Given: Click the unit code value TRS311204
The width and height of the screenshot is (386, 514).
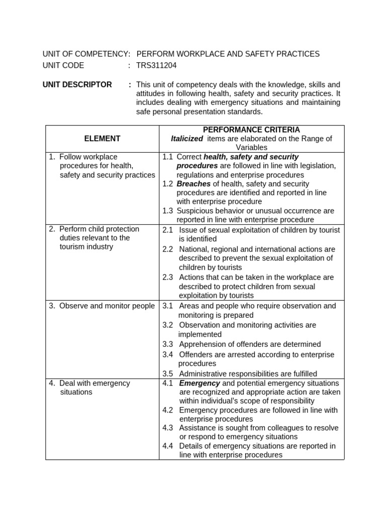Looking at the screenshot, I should coord(156,65).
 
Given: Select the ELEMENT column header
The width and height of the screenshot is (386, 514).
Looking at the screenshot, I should coord(102,139).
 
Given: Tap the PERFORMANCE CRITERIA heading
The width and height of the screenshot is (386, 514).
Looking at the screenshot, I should coord(252,130).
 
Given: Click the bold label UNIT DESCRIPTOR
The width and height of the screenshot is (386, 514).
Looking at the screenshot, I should coord(77,84).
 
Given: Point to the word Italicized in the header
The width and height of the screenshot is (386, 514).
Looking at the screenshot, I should coord(186,139).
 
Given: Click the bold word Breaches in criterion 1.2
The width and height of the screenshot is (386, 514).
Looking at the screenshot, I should coord(194,184).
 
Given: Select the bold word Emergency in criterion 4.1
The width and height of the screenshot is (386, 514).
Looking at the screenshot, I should coord(200,383).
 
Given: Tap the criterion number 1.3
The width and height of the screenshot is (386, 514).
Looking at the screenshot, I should coord(167,211).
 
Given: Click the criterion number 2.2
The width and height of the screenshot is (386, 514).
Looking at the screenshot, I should coord(167,249).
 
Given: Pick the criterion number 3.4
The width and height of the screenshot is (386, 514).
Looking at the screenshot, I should coord(167,354).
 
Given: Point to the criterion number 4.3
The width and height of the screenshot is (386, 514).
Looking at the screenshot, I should coord(167,428).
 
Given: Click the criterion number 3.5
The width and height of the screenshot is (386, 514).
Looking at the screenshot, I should coord(167,373).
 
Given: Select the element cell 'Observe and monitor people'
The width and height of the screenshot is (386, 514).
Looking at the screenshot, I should coord(102,306).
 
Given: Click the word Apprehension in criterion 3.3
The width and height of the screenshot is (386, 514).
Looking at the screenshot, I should coord(202,344).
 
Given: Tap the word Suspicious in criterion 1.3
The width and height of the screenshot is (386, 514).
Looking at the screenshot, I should coord(195,211).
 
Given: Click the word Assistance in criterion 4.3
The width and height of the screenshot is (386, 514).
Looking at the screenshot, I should coord(198,428).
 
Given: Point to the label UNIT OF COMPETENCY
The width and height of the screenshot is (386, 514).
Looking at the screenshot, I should coord(85,54).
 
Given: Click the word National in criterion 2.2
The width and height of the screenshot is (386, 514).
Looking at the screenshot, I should coord(194,249).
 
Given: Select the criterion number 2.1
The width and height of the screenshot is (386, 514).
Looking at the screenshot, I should coord(167,229).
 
